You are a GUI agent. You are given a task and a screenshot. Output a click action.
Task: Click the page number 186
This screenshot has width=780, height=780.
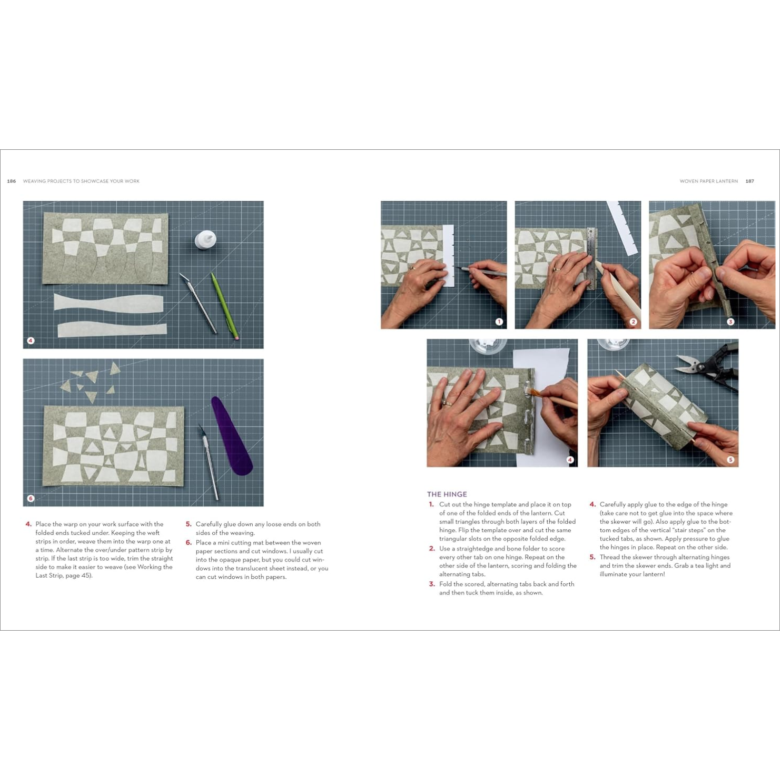coord(11,181)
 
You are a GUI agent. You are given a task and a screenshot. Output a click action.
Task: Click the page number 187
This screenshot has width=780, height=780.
coord(750,181)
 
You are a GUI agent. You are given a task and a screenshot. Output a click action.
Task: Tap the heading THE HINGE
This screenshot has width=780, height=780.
coord(447,494)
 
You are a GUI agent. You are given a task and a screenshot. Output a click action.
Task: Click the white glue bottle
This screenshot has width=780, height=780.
coord(205,240)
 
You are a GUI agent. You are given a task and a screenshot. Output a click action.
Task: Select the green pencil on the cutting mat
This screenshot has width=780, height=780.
coord(224,305)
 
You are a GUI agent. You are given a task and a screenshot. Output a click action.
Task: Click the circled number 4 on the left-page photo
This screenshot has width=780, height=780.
coord(30,341)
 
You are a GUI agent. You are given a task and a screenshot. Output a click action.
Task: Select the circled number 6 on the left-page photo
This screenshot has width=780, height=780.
coord(30,498)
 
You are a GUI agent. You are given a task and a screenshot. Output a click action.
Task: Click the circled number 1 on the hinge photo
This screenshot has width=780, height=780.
coord(498,322)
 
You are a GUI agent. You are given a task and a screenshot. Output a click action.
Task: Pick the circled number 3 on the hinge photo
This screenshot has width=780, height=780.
coord(730,322)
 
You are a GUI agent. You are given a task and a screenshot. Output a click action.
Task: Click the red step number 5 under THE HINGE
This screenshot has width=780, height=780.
coord(592,557)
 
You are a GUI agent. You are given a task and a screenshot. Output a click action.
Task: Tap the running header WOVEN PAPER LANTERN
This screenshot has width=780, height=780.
coord(708,181)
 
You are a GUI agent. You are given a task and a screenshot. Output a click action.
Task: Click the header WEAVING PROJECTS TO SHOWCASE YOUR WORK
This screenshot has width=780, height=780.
coord(81,181)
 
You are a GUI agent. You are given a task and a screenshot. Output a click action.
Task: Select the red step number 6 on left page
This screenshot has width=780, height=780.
coord(188,542)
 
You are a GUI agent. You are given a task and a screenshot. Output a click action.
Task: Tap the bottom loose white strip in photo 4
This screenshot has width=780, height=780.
coord(112,330)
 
